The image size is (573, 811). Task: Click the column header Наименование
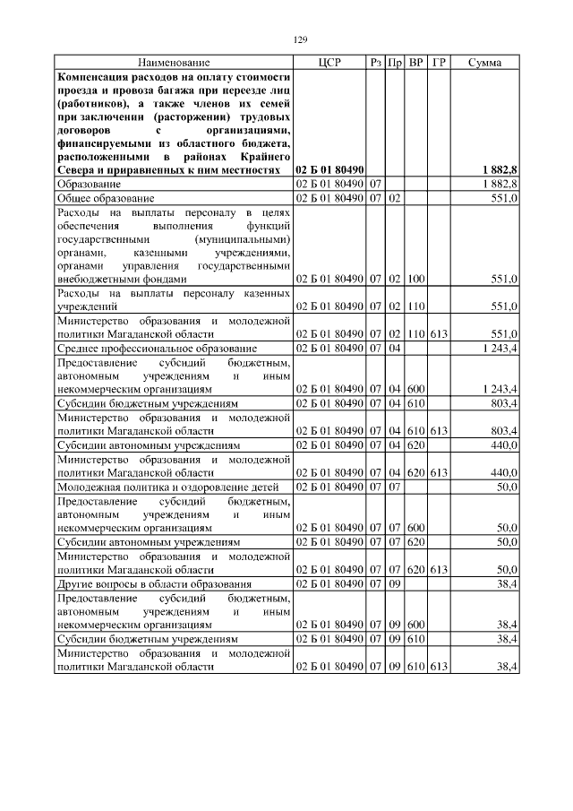pyautogui.click(x=174, y=63)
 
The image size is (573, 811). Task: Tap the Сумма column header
pyautogui.click(x=484, y=63)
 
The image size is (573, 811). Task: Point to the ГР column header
pyautogui.click(x=438, y=63)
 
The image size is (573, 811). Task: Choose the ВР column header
pyautogui.click(x=415, y=63)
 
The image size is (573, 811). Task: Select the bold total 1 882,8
pyautogui.click(x=500, y=170)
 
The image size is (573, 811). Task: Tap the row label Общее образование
pyautogui.click(x=106, y=197)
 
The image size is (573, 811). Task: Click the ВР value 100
pyautogui.click(x=415, y=280)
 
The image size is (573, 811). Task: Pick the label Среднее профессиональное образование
pyautogui.click(x=157, y=348)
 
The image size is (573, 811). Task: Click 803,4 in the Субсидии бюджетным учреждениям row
pyautogui.click(x=502, y=404)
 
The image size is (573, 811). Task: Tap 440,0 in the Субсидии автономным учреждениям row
pyautogui.click(x=502, y=444)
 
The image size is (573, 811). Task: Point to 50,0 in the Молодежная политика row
pyautogui.click(x=506, y=486)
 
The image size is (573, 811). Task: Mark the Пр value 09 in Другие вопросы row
pyautogui.click(x=395, y=583)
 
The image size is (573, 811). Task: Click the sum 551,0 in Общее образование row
pyautogui.click(x=502, y=197)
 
